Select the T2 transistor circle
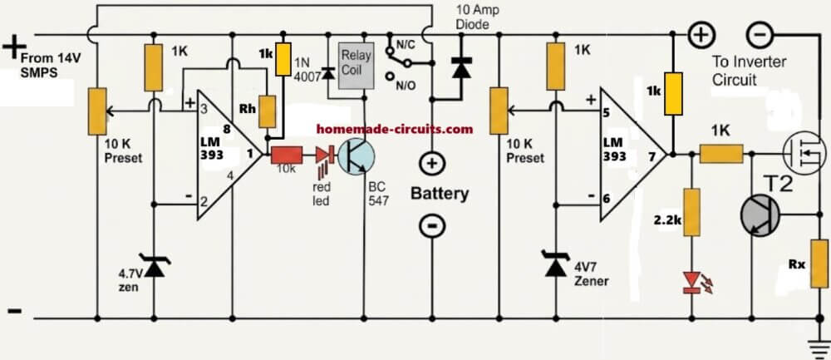pyautogui.click(x=760, y=215)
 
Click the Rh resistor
pyautogui.click(x=267, y=112)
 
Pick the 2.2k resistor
pyautogui.click(x=691, y=211)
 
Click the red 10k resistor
pyautogui.click(x=287, y=155)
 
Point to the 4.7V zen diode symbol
pyautogui.click(x=155, y=266)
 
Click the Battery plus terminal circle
pyautogui.click(x=431, y=163)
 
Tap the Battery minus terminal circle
pyautogui.click(x=431, y=226)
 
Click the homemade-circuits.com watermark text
pyautogui.click(x=394, y=129)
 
